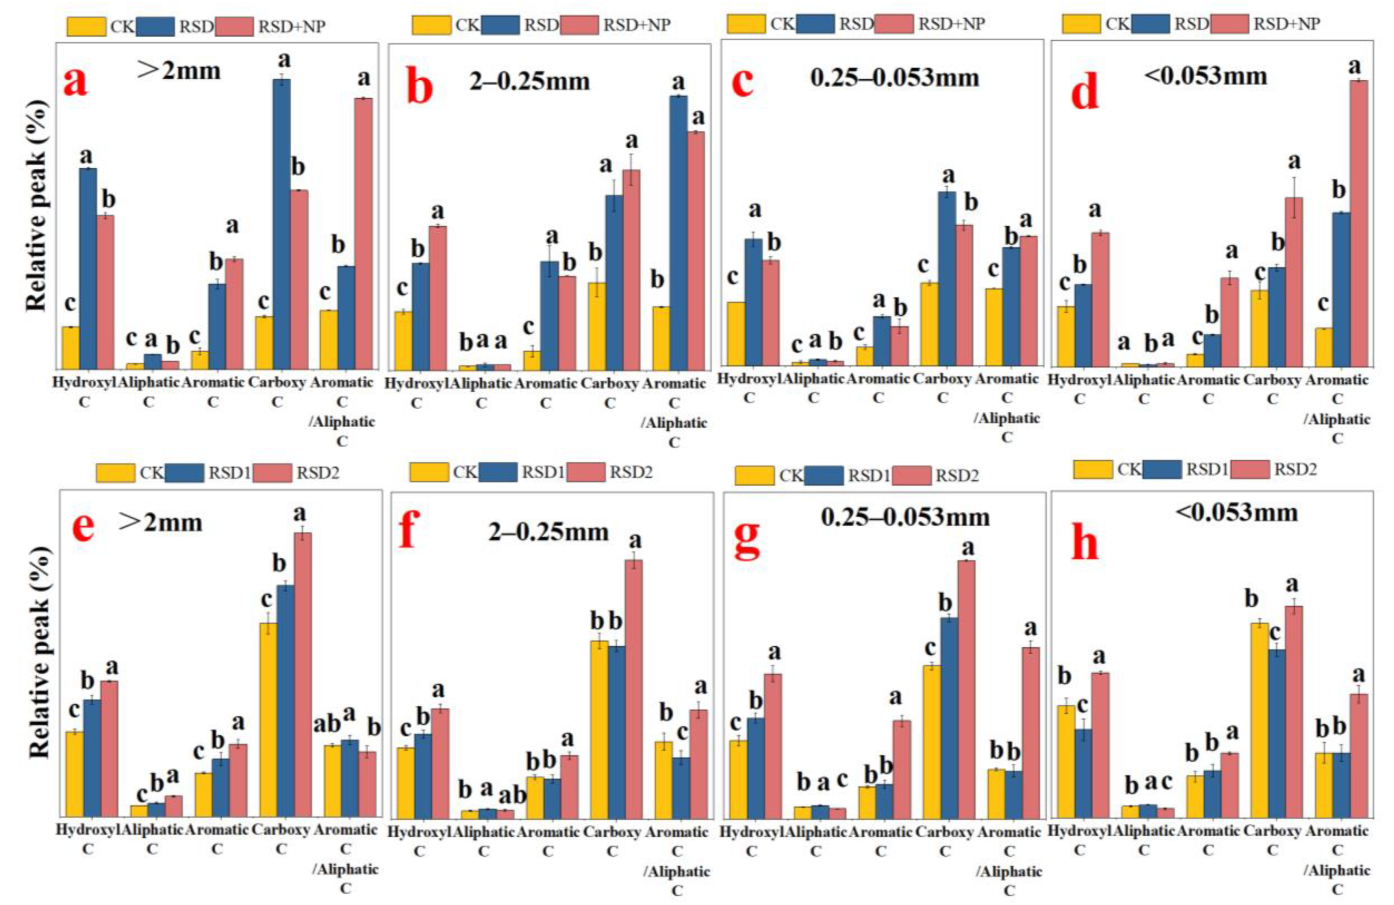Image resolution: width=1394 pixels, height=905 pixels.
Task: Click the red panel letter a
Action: click(76, 82)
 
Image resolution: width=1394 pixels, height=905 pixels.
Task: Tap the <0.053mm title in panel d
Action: click(1205, 76)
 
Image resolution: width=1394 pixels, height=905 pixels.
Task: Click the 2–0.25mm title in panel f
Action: click(548, 532)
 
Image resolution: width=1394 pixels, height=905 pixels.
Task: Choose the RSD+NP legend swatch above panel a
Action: click(234, 26)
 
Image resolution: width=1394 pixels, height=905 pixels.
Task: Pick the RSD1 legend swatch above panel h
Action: click(1162, 469)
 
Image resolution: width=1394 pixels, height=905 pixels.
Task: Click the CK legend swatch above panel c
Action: click(746, 24)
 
